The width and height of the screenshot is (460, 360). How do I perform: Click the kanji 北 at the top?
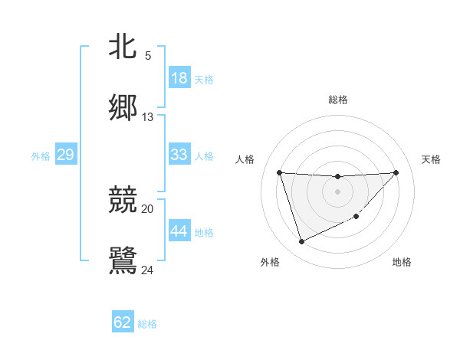pyautogui.click(x=123, y=47)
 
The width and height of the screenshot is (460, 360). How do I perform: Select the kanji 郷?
pyautogui.click(x=123, y=107)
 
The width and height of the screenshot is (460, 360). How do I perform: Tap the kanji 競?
pyautogui.click(x=123, y=201)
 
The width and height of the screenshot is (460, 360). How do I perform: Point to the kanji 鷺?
pyautogui.click(x=123, y=260)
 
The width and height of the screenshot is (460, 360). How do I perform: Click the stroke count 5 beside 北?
pyautogui.click(x=148, y=56)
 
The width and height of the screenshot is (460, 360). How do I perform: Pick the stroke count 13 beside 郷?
pyautogui.click(x=148, y=117)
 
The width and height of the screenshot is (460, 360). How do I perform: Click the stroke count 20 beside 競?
pyautogui.click(x=148, y=208)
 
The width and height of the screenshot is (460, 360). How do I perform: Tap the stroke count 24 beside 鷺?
pyautogui.click(x=148, y=269)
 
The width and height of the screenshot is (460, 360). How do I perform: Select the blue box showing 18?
pyautogui.click(x=179, y=78)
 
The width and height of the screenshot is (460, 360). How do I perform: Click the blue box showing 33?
pyautogui.click(x=179, y=155)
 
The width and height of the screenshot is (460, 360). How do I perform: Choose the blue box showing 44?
pyautogui.click(x=179, y=231)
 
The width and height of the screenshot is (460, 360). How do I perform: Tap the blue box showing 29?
pyautogui.click(x=65, y=155)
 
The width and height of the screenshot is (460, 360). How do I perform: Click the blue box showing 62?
pyautogui.click(x=123, y=322)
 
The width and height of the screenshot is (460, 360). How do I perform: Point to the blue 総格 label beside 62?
pyautogui.click(x=147, y=324)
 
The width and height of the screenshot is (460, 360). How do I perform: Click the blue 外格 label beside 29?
pyautogui.click(x=41, y=156)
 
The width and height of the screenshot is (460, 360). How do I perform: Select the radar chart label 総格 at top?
pyautogui.click(x=338, y=100)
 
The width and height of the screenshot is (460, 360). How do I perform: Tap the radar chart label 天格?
pyautogui.click(x=431, y=159)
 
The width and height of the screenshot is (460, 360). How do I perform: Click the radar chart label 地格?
pyautogui.click(x=402, y=262)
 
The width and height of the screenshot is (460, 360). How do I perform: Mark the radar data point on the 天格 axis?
pyautogui.click(x=396, y=172)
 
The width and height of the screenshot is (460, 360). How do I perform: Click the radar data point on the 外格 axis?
pyautogui.click(x=301, y=242)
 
